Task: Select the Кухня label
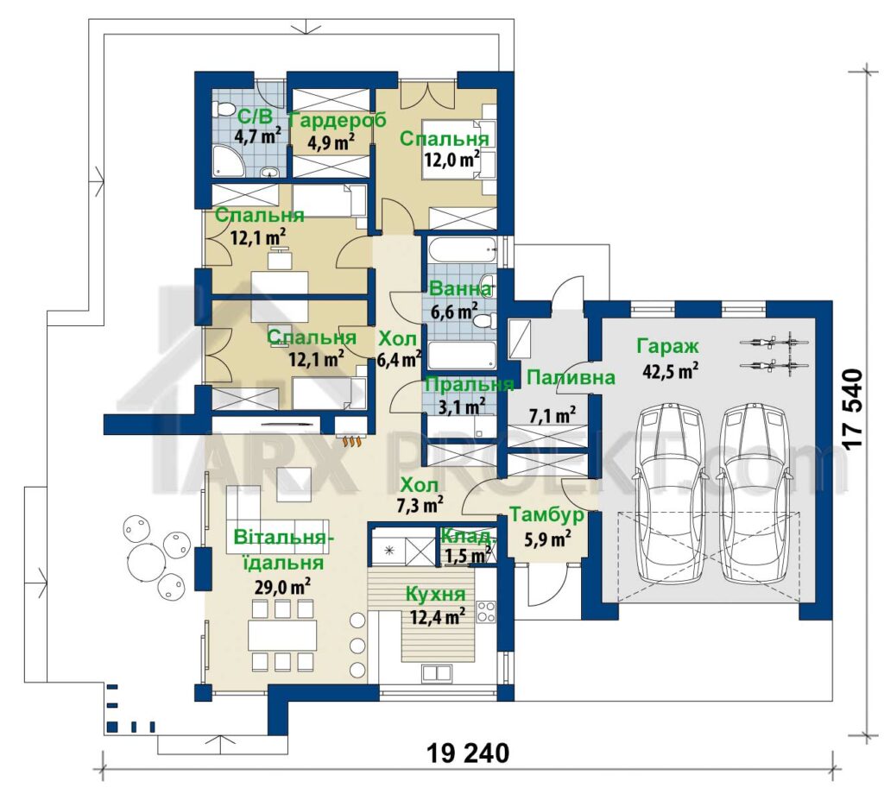(435, 594)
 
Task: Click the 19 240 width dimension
(468, 753)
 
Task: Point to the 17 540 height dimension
(853, 408)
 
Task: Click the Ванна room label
(460, 289)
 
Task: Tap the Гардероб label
(338, 120)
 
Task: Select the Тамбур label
(546, 515)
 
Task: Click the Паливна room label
(570, 377)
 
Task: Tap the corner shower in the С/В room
(228, 161)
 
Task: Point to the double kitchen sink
(437, 672)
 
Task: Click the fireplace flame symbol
(350, 442)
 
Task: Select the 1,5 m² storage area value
(467, 556)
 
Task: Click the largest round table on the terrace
(147, 560)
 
